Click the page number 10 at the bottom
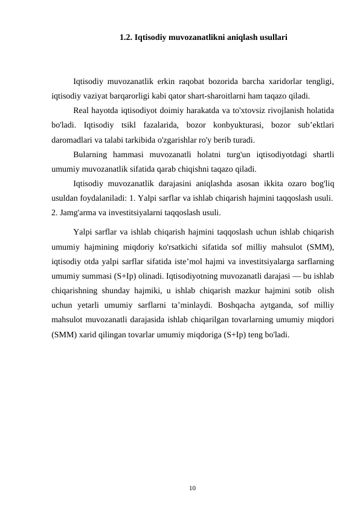192,486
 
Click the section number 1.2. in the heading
126,37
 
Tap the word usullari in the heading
272,37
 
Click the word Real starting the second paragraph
82,111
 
